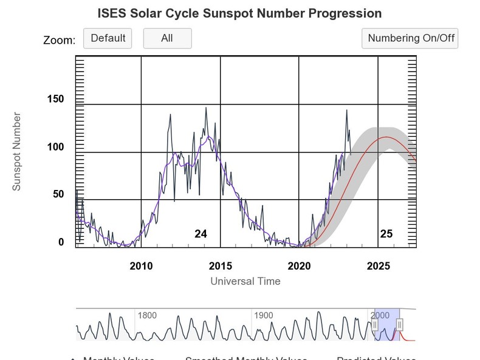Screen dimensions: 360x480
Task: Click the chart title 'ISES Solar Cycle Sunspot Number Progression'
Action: click(239, 13)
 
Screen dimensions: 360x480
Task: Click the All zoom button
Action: click(167, 38)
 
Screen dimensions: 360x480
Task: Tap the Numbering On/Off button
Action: click(410, 38)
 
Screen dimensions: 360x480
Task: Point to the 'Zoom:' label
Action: click(59, 40)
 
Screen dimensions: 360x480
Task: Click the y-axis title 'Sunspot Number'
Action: click(17, 151)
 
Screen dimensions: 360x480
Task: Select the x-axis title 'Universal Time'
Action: click(245, 281)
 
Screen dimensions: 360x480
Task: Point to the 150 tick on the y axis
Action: click(55, 100)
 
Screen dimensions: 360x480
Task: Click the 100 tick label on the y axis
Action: click(55, 148)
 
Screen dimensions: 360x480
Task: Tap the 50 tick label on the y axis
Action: click(58, 194)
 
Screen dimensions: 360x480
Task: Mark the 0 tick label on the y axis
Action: click(61, 242)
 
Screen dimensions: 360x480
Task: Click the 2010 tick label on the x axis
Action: click(141, 266)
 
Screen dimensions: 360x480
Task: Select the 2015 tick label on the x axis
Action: click(220, 266)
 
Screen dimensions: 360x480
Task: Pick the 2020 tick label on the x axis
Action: click(299, 266)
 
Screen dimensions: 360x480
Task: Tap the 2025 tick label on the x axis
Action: click(378, 266)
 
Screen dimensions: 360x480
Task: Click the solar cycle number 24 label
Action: click(201, 234)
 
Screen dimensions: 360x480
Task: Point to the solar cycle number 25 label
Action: click(386, 234)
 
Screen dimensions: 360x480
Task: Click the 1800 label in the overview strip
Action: click(148, 316)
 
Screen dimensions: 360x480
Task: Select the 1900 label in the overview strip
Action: click(264, 316)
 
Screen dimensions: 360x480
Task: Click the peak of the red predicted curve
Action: click(386, 137)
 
